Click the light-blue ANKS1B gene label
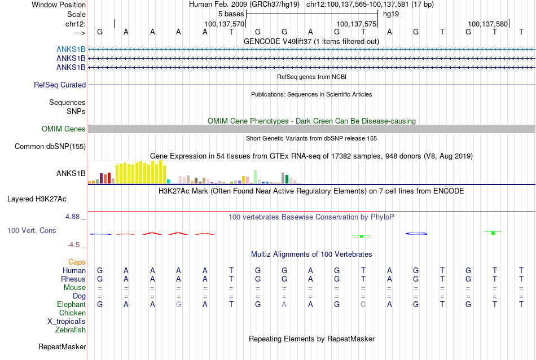point(71,50)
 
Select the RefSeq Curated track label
point(60,85)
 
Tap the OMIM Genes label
point(64,129)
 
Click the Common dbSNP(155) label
point(50,146)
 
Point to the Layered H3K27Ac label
point(37,199)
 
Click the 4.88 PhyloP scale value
point(72,217)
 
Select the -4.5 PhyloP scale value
point(73,245)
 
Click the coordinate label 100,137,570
point(224,24)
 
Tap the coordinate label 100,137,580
point(488,24)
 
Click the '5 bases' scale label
point(231,14)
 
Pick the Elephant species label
point(72,304)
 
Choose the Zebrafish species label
point(71,330)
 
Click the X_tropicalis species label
point(67,322)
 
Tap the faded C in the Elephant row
point(363,304)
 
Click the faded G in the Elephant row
point(178,304)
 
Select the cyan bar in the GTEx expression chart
point(168,182)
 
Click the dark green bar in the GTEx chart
point(287,179)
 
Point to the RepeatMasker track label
point(62,346)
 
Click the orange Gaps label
point(77,262)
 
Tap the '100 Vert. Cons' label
point(32,230)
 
